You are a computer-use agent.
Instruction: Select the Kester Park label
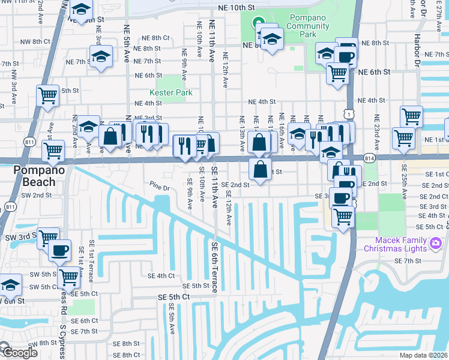pyautogui.click(x=171, y=92)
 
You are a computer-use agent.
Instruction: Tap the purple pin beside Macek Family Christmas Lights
pyautogui.click(x=436, y=243)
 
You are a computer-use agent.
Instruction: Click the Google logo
pyautogui.click(x=19, y=353)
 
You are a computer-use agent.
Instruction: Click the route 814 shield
pyautogui.click(x=369, y=157)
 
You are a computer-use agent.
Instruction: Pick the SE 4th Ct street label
pyautogui.click(x=161, y=275)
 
